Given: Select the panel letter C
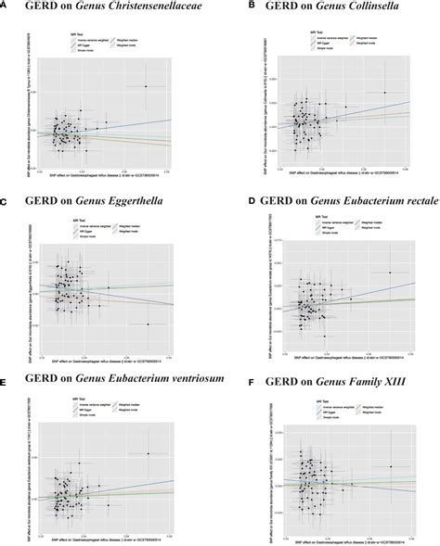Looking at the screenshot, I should click(5, 200).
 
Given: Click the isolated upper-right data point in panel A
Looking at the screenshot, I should click(145, 86).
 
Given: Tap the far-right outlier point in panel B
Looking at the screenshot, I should click(384, 93).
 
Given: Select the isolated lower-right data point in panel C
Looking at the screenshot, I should click(148, 324).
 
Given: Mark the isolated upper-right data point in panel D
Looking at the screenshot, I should click(390, 273).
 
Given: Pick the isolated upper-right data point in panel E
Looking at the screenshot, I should click(148, 453).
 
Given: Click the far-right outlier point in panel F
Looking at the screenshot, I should click(391, 466).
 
